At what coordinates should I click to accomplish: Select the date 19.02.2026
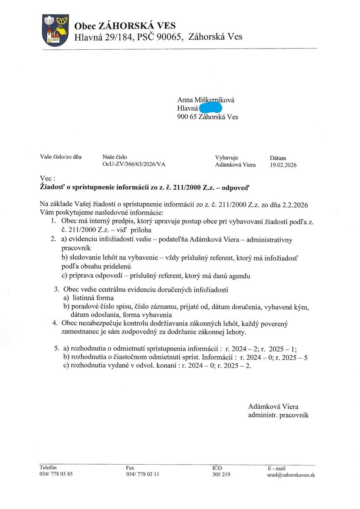[x=283, y=165]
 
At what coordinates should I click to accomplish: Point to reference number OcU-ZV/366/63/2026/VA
[x=134, y=164]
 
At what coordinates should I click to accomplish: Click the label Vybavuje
[x=226, y=158]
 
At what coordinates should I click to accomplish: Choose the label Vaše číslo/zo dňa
[x=61, y=157]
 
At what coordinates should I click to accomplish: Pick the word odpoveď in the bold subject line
[x=237, y=187]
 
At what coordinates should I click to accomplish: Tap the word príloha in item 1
[x=141, y=230]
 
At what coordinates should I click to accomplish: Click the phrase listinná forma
[x=93, y=298]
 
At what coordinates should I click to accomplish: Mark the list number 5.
[x=56, y=349]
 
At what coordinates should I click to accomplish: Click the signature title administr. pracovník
[x=278, y=414]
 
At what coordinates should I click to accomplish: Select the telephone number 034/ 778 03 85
[x=56, y=474]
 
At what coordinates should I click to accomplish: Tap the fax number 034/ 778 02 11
[x=142, y=474]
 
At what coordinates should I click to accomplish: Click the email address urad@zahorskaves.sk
[x=291, y=475]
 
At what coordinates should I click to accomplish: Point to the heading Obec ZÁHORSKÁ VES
[x=125, y=26]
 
